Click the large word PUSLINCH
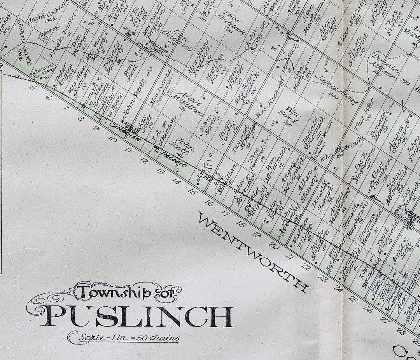pyautogui.click(x=136, y=316)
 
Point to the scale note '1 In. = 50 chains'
pyautogui.click(x=128, y=337)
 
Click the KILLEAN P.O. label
pyautogui.click(x=155, y=48)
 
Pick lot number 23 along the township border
pyautogui.click(x=322, y=277)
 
